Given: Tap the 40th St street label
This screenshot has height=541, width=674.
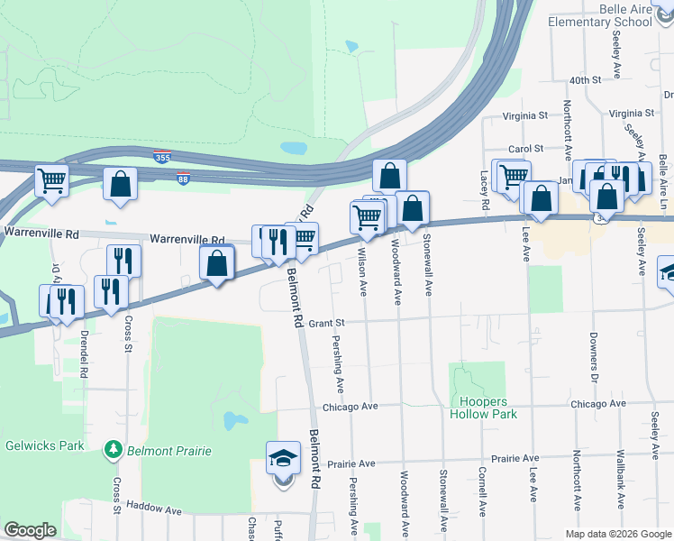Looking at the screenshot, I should pyautogui.click(x=585, y=80).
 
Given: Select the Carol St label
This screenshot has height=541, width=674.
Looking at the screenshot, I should pyautogui.click(x=526, y=148).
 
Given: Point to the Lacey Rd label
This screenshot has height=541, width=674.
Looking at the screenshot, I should pyautogui.click(x=484, y=192).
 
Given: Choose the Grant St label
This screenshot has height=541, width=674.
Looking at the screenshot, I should pyautogui.click(x=327, y=322).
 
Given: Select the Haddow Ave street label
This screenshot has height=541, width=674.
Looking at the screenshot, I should pyautogui.click(x=154, y=509).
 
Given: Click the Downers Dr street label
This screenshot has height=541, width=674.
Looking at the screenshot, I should pyautogui.click(x=595, y=353).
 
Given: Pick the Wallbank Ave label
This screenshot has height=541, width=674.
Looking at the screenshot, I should pyautogui.click(x=620, y=477).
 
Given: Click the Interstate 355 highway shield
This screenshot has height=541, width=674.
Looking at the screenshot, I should pyautogui.click(x=162, y=157).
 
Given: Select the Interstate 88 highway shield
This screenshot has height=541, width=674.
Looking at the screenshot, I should pyautogui.click(x=184, y=178).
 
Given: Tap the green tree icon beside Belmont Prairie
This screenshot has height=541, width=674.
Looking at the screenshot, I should pyautogui.click(x=113, y=448).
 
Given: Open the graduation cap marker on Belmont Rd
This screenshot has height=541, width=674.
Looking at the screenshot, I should pyautogui.click(x=283, y=459).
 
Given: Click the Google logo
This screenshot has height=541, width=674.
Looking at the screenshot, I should pyautogui.click(x=30, y=530).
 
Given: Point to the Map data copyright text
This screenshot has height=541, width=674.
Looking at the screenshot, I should pyautogui.click(x=617, y=534).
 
